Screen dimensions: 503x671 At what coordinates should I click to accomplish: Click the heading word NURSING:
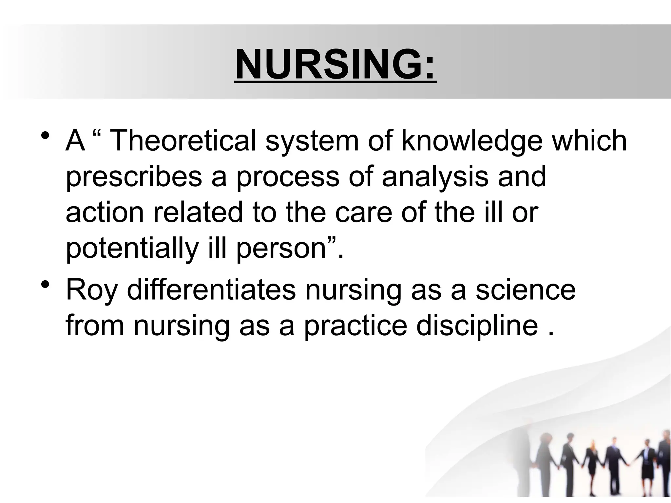click(x=335, y=65)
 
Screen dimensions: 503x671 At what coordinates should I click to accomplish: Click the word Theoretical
click(x=183, y=141)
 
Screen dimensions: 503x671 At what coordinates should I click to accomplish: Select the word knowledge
click(x=472, y=141)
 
